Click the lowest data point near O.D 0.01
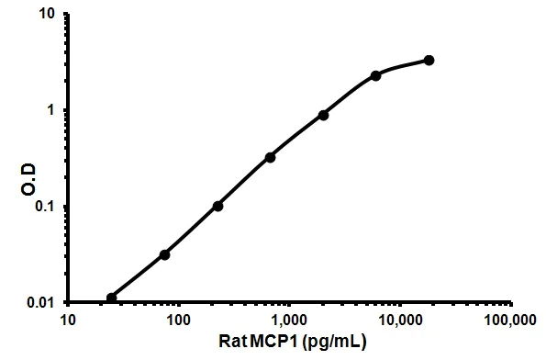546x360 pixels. (112, 298)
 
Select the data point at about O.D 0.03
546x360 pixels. (164, 254)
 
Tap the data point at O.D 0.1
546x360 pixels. (217, 206)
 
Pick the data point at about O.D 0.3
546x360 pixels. (271, 157)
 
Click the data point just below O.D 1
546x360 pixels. (324, 115)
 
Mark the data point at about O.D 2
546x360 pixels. (376, 75)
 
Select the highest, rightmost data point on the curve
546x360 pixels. (429, 61)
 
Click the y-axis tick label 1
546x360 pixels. (52, 110)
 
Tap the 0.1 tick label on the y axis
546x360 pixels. (46, 207)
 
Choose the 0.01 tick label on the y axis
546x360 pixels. (42, 302)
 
